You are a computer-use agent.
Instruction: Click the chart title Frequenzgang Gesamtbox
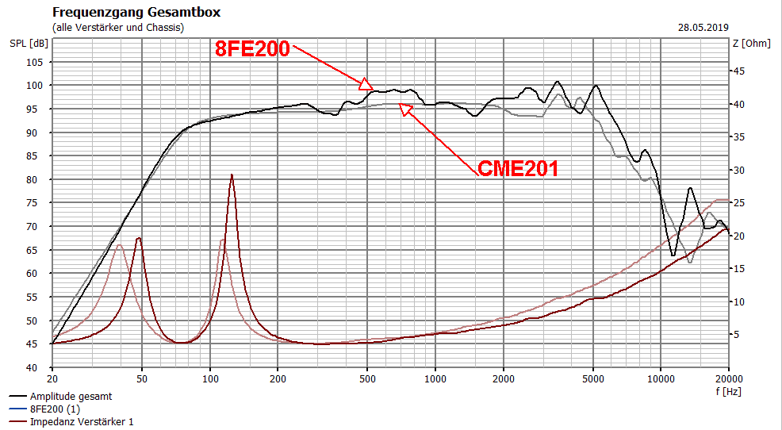pyautogui.click(x=136, y=13)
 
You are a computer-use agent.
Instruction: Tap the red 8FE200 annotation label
pyautogui.click(x=252, y=49)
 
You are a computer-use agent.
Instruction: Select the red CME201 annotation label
pyautogui.click(x=517, y=168)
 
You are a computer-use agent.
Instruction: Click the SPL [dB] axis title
pyautogui.click(x=28, y=43)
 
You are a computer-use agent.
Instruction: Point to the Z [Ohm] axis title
pyautogui.click(x=750, y=43)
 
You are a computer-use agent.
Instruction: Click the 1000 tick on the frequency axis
pyautogui.click(x=435, y=379)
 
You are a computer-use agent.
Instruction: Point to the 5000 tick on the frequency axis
pyautogui.click(x=592, y=379)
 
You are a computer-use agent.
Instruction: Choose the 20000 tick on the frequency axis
pyautogui.click(x=727, y=379)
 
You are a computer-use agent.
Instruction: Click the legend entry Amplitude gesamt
pyautogui.click(x=71, y=396)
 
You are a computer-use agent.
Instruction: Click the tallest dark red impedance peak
pyautogui.click(x=232, y=175)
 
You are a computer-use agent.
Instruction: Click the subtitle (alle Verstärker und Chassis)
pyautogui.click(x=117, y=27)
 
